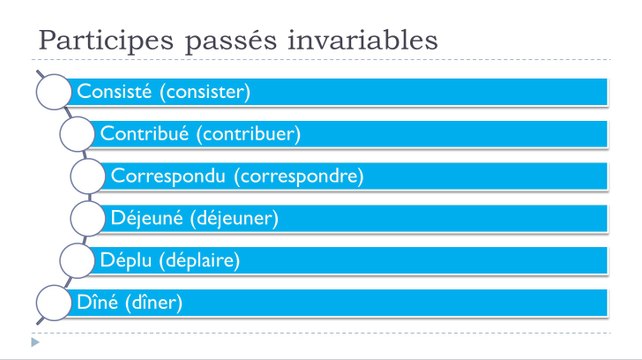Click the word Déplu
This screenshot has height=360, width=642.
[x=126, y=260]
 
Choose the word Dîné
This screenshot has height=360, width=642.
[x=97, y=301]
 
